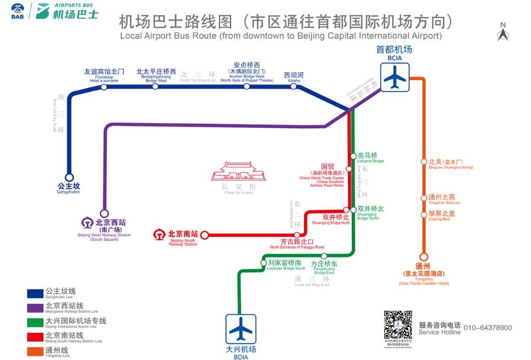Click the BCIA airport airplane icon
(x=395, y=77)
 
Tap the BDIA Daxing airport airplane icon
(x=241, y=329)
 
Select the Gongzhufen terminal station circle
(x=70, y=178)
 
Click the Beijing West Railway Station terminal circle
(x=104, y=214)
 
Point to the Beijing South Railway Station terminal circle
(x=205, y=235)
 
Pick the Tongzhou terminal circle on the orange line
(x=423, y=257)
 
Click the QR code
(x=398, y=325)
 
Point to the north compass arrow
(x=503, y=34)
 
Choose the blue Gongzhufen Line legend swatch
(x=35, y=293)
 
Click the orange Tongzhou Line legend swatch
(x=35, y=352)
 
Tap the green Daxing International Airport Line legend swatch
(x=35, y=323)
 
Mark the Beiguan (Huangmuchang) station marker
(x=423, y=162)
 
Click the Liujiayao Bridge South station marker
(x=264, y=263)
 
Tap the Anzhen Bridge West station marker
(x=247, y=86)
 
